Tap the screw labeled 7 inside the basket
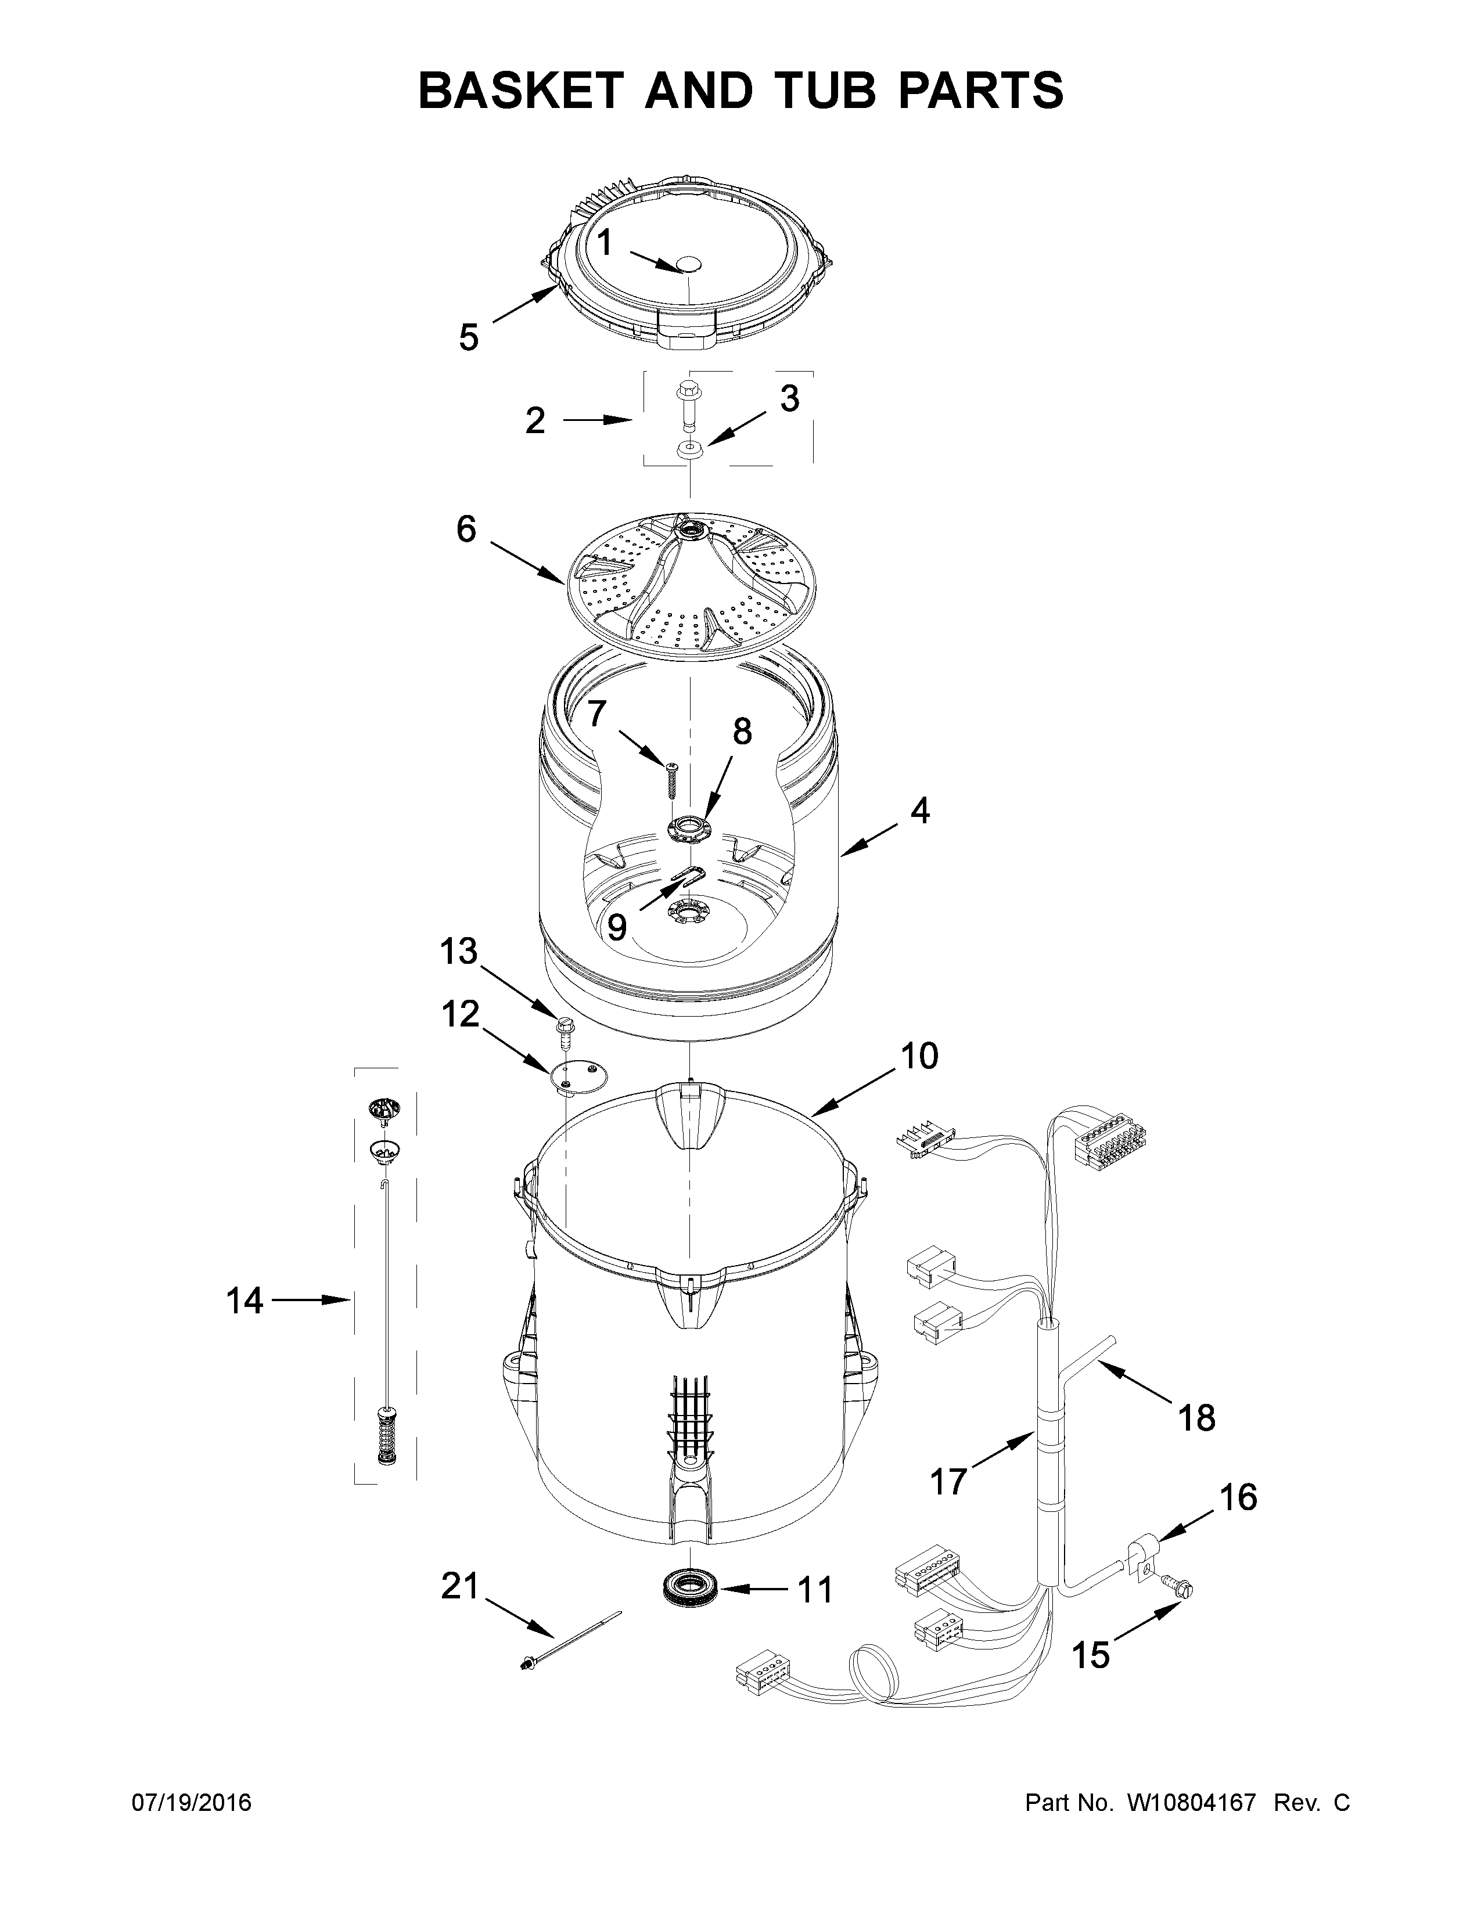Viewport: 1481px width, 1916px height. pyautogui.click(x=674, y=776)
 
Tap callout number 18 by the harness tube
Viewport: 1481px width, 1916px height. pyautogui.click(x=1196, y=1418)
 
